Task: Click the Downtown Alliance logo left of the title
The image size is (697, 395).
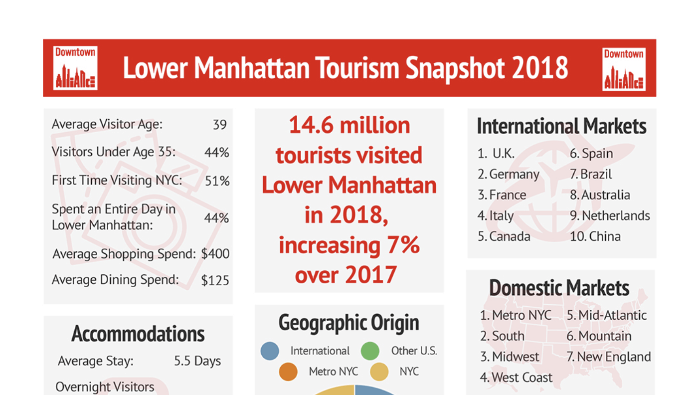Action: (75, 68)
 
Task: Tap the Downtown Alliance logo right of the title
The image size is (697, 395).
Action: (624, 69)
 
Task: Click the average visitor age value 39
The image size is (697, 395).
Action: (219, 124)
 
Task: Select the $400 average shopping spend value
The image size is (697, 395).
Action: (215, 254)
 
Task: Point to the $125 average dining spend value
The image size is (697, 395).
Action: (215, 280)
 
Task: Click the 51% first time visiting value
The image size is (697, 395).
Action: (217, 181)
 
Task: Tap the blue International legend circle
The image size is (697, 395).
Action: (270, 351)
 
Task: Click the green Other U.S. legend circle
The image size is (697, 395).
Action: (370, 351)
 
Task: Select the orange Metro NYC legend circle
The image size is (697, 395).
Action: (288, 372)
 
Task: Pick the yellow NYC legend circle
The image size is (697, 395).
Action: (379, 372)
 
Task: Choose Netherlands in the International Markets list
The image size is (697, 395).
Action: (616, 216)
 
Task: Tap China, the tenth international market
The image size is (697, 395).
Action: (605, 236)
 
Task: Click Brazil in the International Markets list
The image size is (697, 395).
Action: (596, 175)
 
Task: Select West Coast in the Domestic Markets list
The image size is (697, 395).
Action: (522, 378)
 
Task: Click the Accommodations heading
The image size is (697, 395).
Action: (138, 334)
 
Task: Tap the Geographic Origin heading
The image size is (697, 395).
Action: (348, 323)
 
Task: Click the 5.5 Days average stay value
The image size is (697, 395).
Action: (197, 361)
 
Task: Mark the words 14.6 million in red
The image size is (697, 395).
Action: (349, 125)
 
